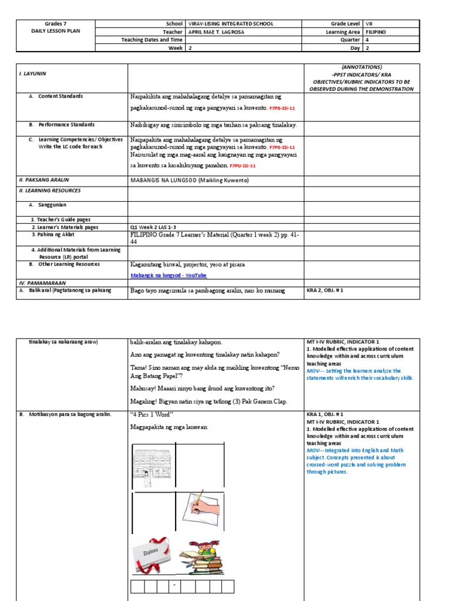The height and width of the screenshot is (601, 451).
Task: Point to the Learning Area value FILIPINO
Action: point(376,32)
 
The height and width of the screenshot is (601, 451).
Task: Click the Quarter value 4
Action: point(368,40)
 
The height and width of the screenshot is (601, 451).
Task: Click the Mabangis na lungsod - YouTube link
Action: point(169,275)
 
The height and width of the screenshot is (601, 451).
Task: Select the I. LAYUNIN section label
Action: point(33,74)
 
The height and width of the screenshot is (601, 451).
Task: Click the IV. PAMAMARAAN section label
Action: point(39,282)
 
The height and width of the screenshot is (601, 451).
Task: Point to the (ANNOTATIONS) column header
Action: point(361,67)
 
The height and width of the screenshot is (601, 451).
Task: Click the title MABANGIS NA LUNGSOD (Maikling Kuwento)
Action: point(189,180)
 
